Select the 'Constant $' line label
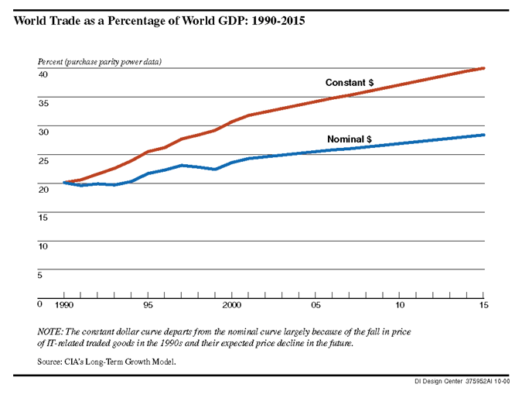pyautogui.click(x=350, y=83)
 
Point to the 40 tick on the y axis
pyautogui.click(x=43, y=74)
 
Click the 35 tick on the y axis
pyautogui.click(x=43, y=103)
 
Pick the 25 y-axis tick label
pyautogui.click(x=43, y=160)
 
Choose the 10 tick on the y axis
pyautogui.click(x=43, y=246)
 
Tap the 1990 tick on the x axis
pyautogui.click(x=63, y=305)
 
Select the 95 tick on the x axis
pyautogui.click(x=148, y=305)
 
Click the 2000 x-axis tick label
pyautogui.click(x=231, y=305)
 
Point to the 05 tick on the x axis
pyautogui.click(x=316, y=305)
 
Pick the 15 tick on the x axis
pyautogui.click(x=483, y=305)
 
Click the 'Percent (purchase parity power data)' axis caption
pyautogui.click(x=100, y=61)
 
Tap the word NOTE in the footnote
pyautogui.click(x=53, y=331)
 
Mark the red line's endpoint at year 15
pyautogui.click(x=484, y=68)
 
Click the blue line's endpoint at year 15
pyautogui.click(x=484, y=135)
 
